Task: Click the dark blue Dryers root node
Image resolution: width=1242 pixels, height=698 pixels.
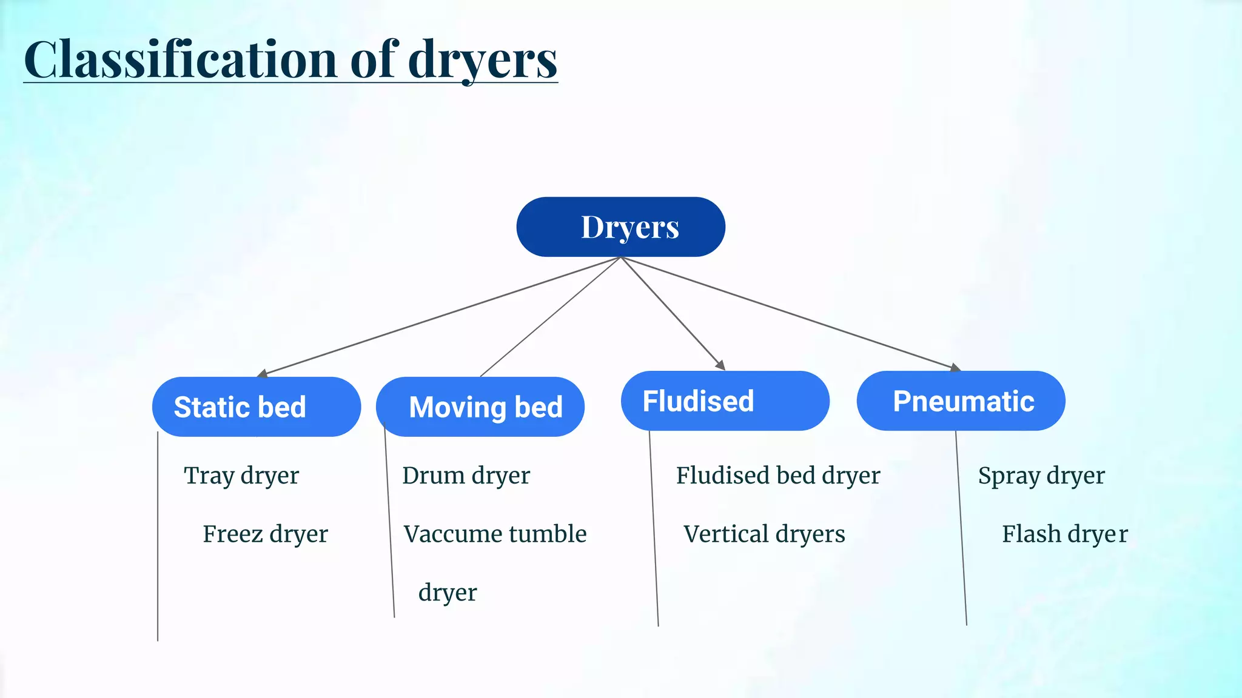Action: coord(620,227)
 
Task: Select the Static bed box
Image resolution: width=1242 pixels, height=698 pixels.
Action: coord(256,407)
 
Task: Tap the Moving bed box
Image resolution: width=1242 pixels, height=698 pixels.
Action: coord(480,407)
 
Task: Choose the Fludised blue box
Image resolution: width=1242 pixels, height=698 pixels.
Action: coord(725,401)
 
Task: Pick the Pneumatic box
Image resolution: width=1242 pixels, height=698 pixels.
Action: coord(961,401)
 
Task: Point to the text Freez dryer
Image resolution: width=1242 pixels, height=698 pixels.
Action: coord(265,534)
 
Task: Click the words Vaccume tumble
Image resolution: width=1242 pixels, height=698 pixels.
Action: coord(495,534)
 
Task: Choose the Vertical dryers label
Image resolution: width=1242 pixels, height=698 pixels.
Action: coord(764,534)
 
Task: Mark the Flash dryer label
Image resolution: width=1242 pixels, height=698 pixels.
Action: coord(1064,534)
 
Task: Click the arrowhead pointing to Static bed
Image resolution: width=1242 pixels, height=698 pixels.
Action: coord(263,374)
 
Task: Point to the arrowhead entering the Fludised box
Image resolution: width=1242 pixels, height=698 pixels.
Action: coord(720,365)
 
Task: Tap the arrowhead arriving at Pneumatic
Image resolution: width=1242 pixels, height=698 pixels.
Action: coord(955,368)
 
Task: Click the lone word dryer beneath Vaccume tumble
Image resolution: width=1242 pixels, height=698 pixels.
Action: coord(448,593)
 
